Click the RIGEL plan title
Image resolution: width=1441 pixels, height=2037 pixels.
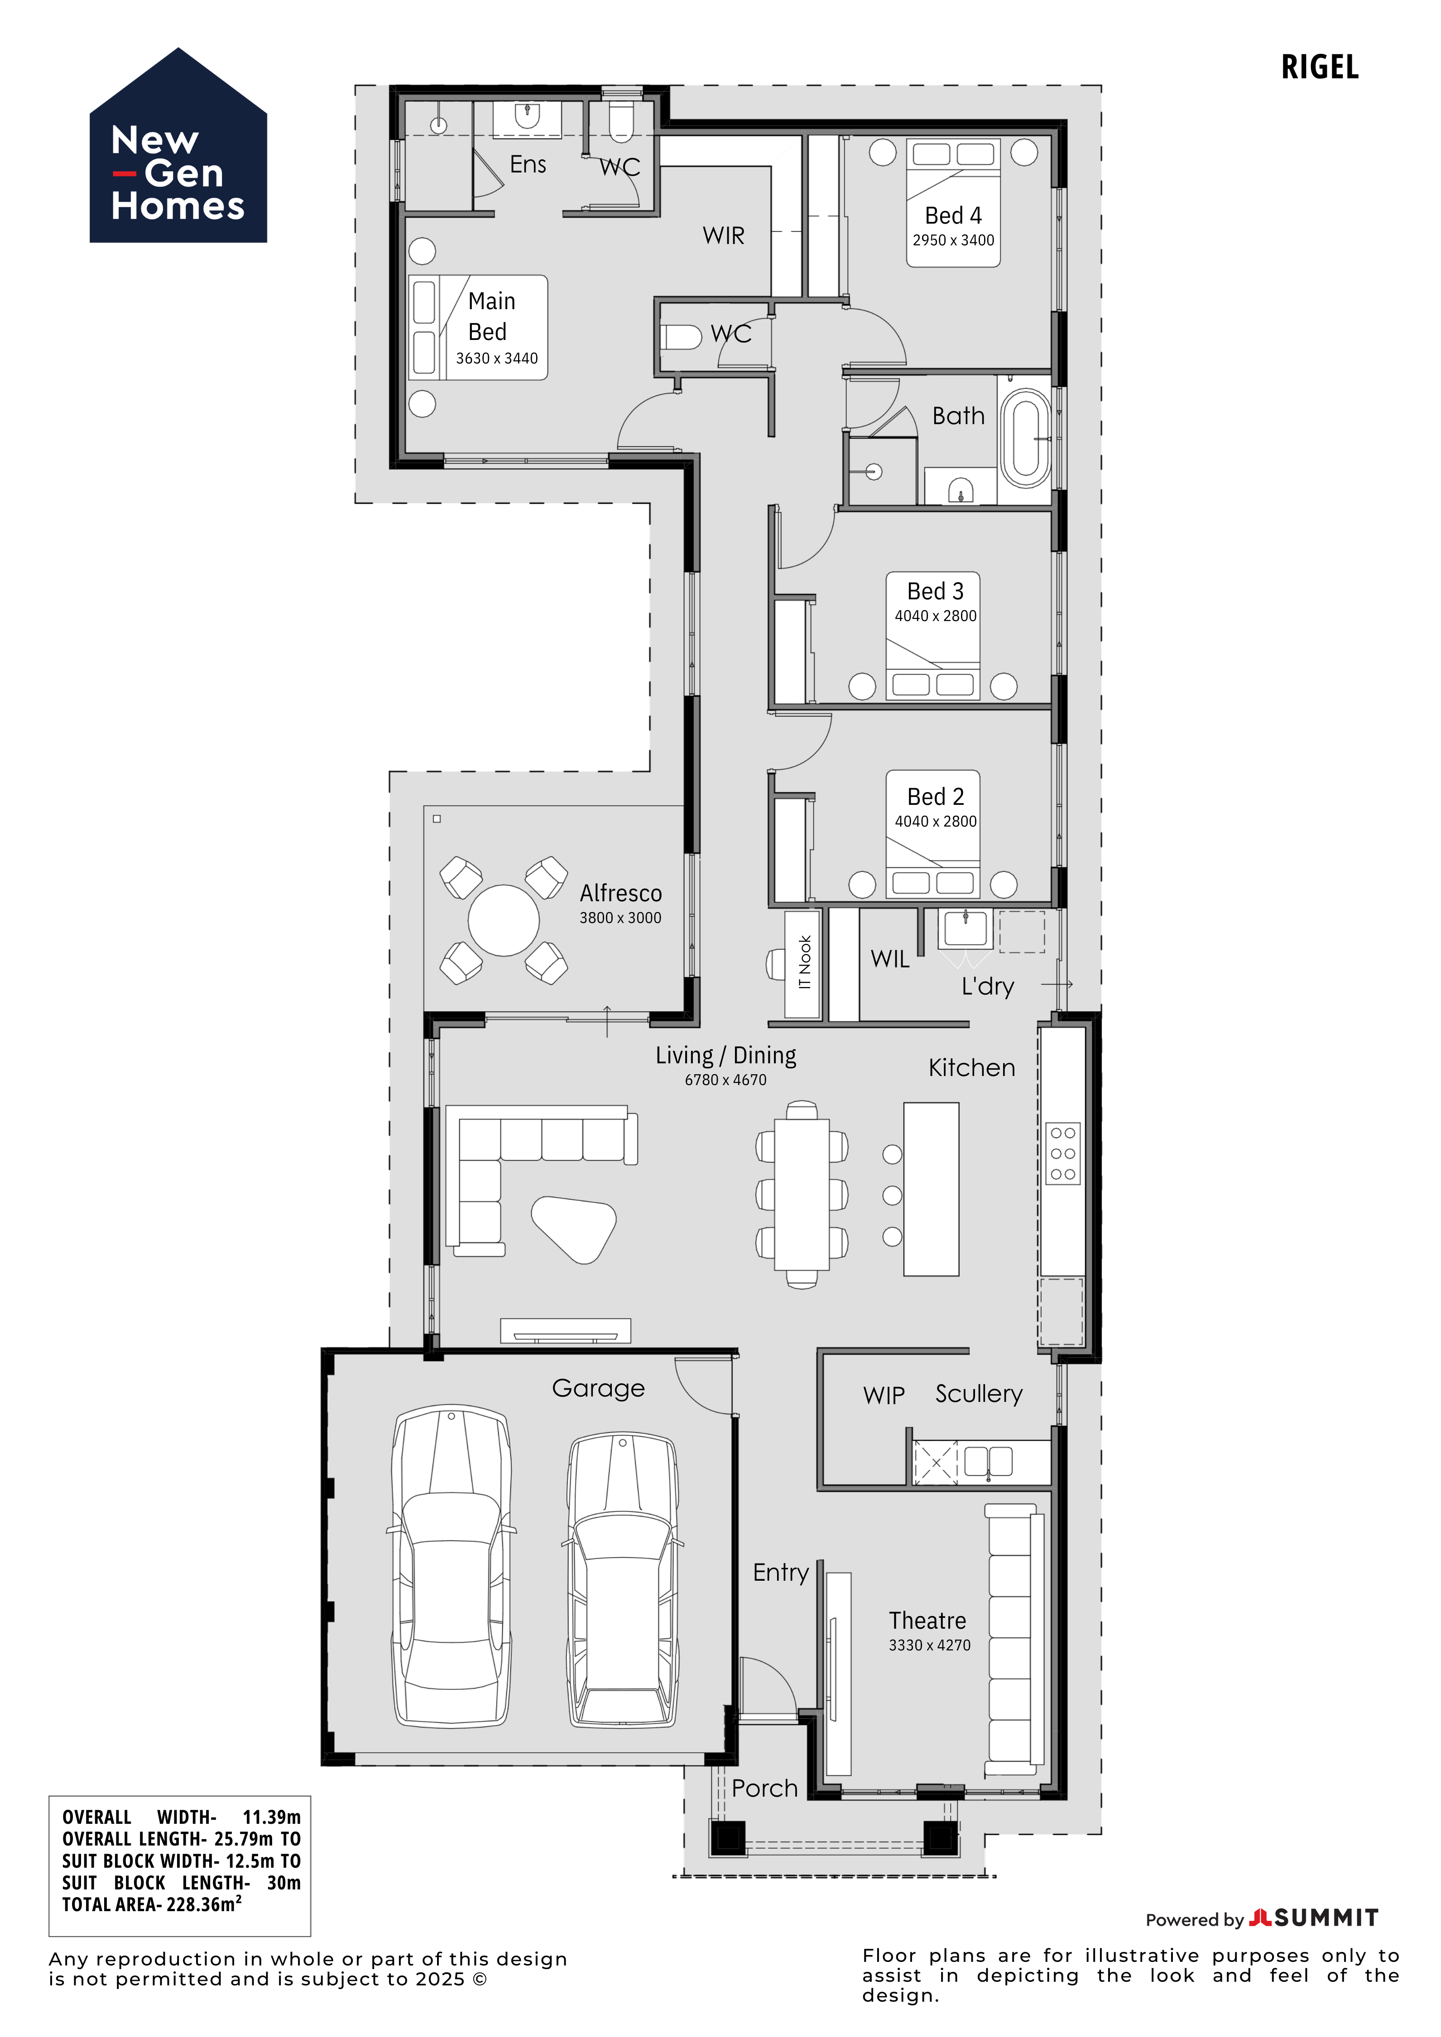[1320, 67]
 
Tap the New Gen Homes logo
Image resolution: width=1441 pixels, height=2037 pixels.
[178, 145]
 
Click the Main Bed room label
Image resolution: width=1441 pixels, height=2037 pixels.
[490, 316]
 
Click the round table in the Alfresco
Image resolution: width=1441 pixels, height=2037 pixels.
[503, 920]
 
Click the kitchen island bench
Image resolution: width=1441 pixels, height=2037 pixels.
[931, 1189]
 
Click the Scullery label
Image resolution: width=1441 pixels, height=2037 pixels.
[979, 1394]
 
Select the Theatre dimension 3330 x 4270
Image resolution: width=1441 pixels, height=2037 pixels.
[929, 1645]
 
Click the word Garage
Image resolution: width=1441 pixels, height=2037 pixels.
[598, 1388]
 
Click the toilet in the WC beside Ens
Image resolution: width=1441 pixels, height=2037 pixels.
[621, 123]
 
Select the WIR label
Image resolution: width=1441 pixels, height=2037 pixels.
[723, 236]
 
